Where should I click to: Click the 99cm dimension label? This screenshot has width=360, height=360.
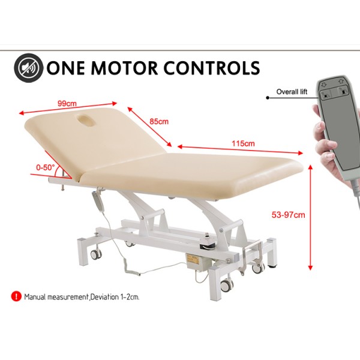pyautogui.click(x=67, y=104)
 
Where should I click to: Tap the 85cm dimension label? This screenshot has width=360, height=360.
pyautogui.click(x=159, y=121)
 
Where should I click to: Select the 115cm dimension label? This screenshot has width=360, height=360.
pyautogui.click(x=243, y=143)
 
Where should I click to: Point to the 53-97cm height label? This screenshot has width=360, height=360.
pyautogui.click(x=288, y=215)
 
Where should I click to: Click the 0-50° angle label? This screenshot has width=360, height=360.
pyautogui.click(x=46, y=167)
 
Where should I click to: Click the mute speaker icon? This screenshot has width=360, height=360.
pyautogui.click(x=28, y=68)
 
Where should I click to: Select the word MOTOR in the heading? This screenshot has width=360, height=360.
pyautogui.click(x=125, y=68)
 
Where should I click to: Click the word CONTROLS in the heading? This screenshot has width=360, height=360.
pyautogui.click(x=212, y=68)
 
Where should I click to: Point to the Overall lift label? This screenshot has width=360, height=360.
pyautogui.click(x=292, y=92)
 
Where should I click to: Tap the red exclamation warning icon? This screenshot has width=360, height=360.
pyautogui.click(x=16, y=296)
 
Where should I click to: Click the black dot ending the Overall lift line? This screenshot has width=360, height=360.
pyautogui.click(x=268, y=98)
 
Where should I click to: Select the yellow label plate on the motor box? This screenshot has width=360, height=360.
pyautogui.click(x=192, y=257)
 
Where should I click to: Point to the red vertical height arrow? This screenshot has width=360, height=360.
pyautogui.click(x=310, y=217)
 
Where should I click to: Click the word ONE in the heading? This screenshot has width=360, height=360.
pyautogui.click(x=67, y=68)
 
